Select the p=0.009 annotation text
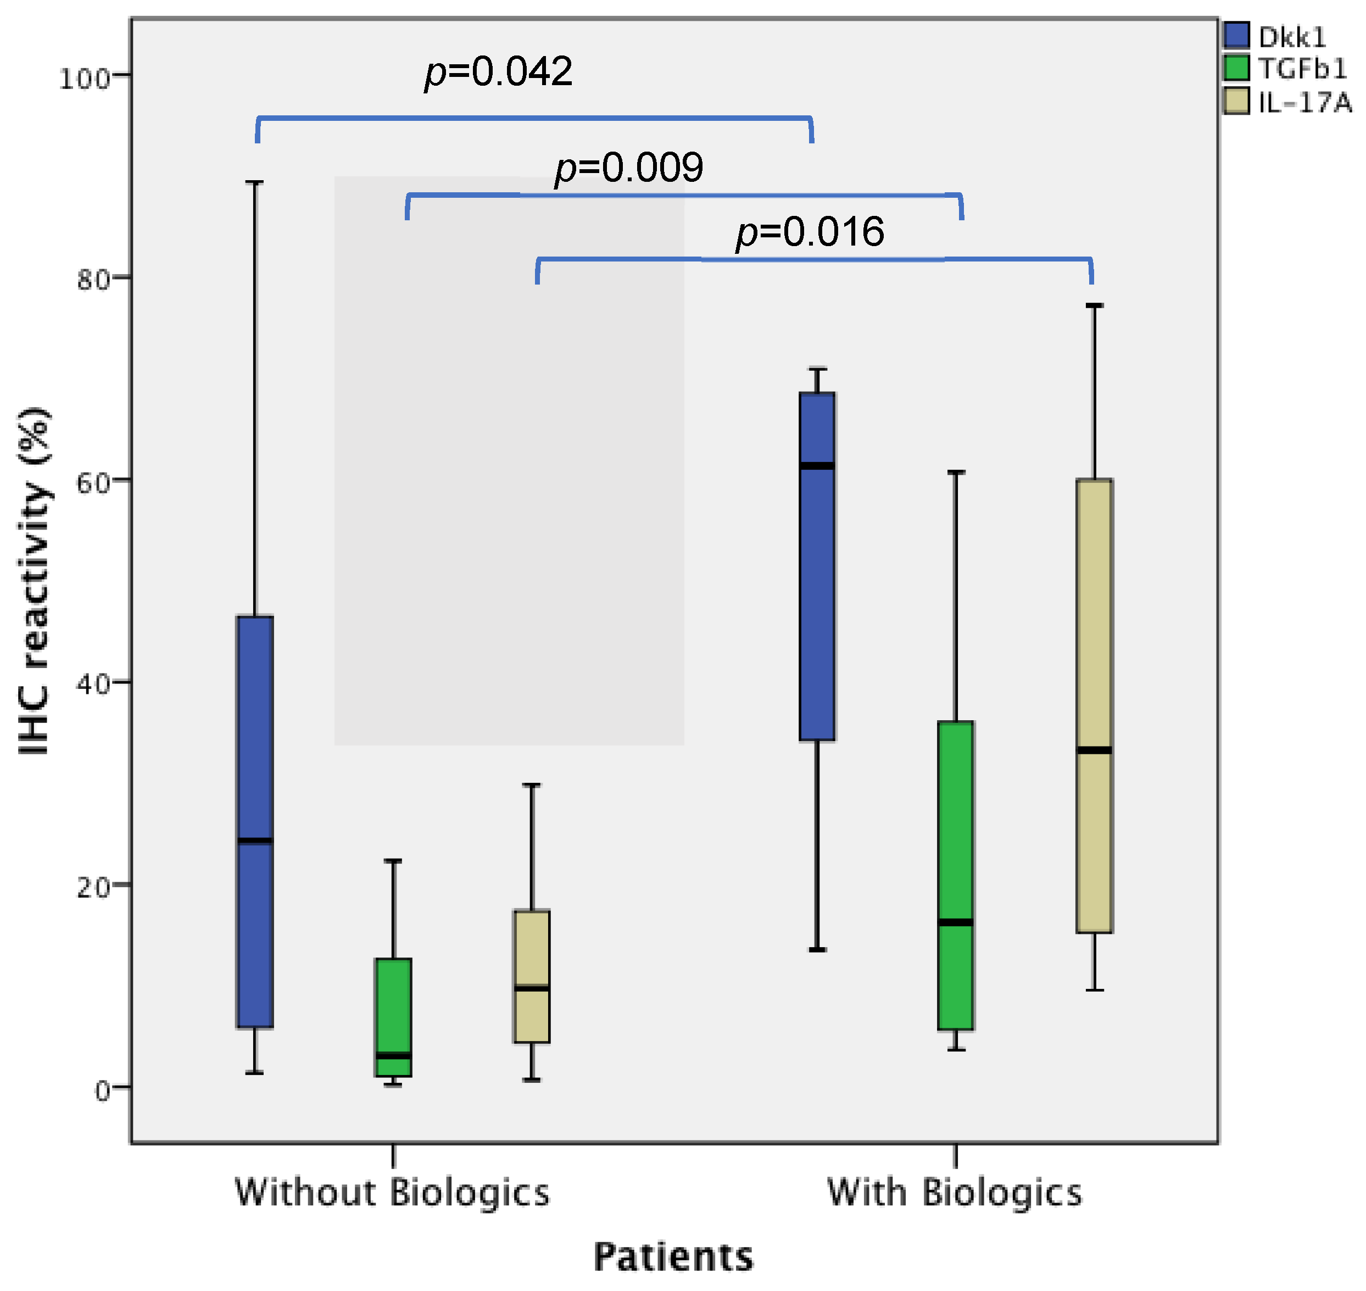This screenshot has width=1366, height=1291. point(629,167)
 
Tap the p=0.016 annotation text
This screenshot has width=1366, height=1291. point(810,232)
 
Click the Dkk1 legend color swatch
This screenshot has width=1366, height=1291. point(1236,35)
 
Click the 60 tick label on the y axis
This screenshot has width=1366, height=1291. point(93,483)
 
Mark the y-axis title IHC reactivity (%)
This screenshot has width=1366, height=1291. point(35,582)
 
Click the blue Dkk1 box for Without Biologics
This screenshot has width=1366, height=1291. point(255,822)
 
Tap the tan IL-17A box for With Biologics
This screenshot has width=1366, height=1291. point(1094,705)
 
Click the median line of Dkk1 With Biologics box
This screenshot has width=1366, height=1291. point(817,466)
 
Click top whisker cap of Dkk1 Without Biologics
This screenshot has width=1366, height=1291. point(255,182)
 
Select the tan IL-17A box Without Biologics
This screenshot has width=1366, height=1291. point(531,976)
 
